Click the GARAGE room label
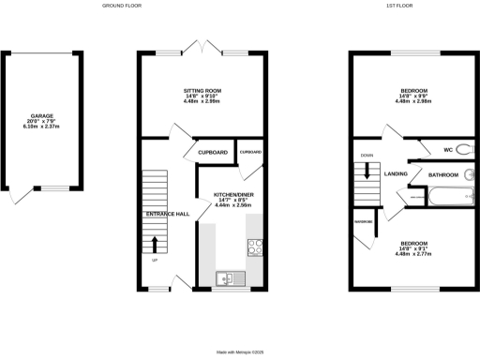[42, 116]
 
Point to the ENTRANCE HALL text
[167, 215]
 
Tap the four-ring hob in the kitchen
[254, 247]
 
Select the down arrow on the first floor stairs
[367, 172]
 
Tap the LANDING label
[395, 173]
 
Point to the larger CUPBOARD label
[213, 152]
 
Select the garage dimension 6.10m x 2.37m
[42, 127]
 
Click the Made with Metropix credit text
[239, 352]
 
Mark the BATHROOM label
[443, 175]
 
